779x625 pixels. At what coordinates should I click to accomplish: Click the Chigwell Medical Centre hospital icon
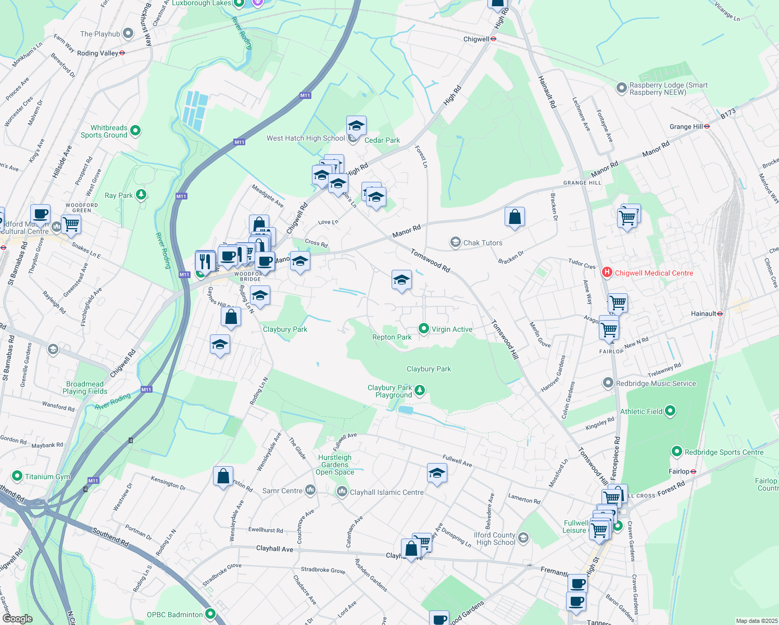(x=607, y=272)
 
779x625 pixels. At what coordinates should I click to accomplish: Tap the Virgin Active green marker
(x=424, y=329)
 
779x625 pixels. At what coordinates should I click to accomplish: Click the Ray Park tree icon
(x=141, y=195)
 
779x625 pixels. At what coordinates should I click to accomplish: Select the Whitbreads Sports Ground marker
(x=135, y=131)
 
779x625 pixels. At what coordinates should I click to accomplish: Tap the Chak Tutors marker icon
(x=456, y=243)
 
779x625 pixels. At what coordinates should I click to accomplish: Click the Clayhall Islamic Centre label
(x=386, y=492)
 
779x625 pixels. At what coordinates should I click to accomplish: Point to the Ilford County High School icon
(x=523, y=538)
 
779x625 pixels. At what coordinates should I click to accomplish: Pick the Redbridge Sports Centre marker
(x=676, y=452)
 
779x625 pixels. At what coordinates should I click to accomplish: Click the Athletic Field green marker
(x=670, y=411)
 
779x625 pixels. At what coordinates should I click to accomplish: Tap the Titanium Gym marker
(x=17, y=476)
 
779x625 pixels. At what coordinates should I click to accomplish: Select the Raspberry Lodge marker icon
(x=621, y=88)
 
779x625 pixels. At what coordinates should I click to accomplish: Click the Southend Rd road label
(x=110, y=537)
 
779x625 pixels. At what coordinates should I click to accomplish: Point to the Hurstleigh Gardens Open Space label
(x=335, y=465)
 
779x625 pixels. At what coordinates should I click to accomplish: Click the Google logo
(x=17, y=618)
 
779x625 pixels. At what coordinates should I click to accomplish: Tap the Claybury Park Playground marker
(x=420, y=390)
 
